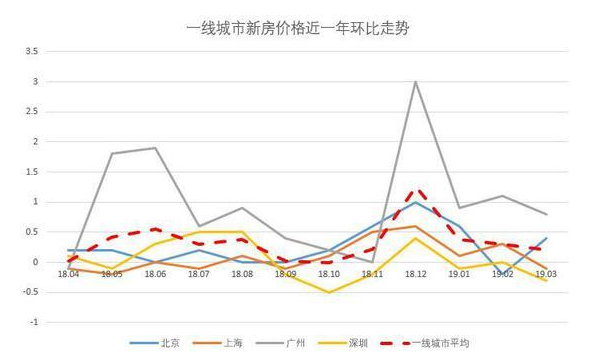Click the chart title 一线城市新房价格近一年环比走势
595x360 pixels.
pyautogui.click(x=297, y=28)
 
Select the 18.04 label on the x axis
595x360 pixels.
pyautogui.click(x=68, y=273)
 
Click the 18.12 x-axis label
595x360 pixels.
pyautogui.click(x=415, y=273)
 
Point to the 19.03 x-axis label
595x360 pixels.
pyautogui.click(x=545, y=273)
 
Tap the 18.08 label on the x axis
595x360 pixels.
pyautogui.click(x=242, y=273)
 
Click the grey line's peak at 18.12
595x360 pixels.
pyautogui.click(x=415, y=81)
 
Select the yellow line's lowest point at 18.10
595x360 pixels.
pyautogui.click(x=328, y=292)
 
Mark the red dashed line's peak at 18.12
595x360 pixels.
pyautogui.click(x=415, y=189)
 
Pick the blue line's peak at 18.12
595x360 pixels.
pyautogui.click(x=415, y=202)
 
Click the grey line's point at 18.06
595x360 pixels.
pyautogui.click(x=155, y=148)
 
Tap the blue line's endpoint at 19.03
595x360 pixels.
pyautogui.click(x=545, y=238)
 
